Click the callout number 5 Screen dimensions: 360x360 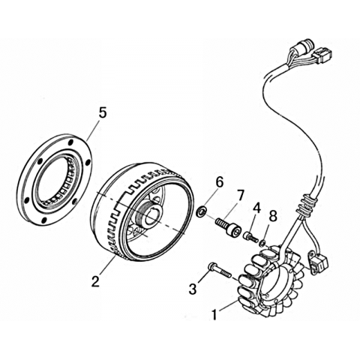(102, 113)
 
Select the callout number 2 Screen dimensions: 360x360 (94, 280)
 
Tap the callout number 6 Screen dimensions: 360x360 (219, 183)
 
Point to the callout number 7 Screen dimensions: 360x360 (239, 196)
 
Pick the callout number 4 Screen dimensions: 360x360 (257, 209)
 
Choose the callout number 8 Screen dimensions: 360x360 (273, 216)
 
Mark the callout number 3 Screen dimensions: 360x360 (193, 289)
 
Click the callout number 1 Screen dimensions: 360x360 (214, 314)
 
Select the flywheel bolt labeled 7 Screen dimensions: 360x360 (228, 226)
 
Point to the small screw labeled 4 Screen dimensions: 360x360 (250, 237)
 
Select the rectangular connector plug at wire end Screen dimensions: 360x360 (321, 55)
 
